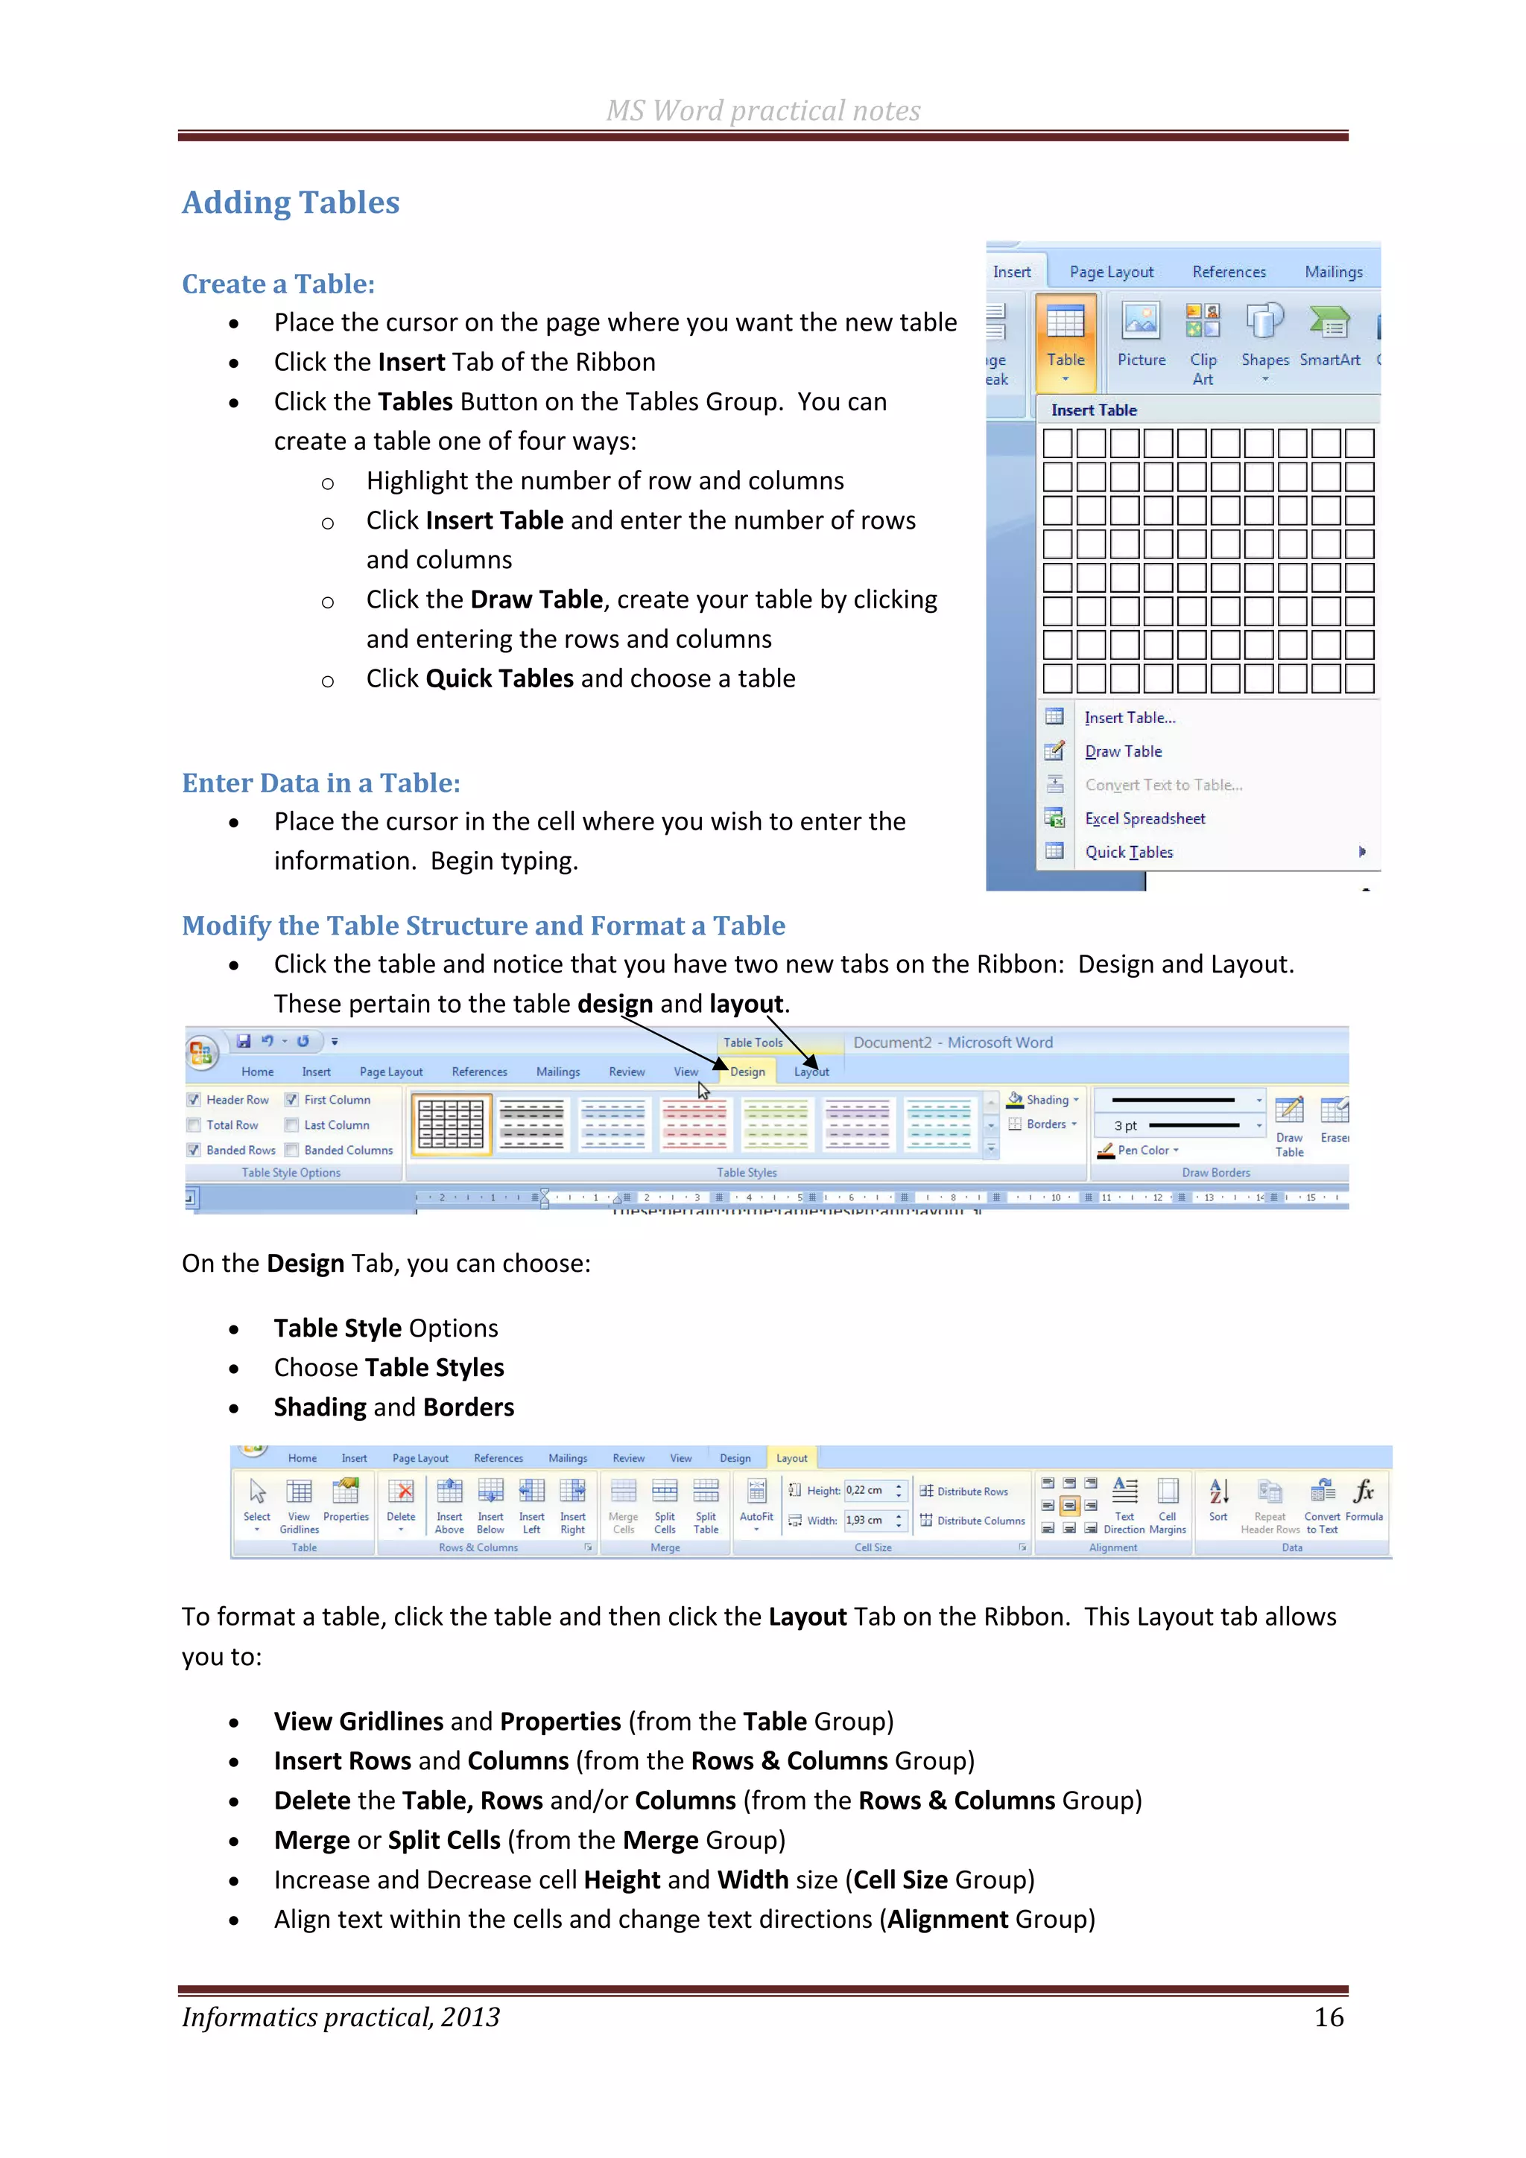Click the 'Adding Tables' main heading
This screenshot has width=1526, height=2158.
pos(291,203)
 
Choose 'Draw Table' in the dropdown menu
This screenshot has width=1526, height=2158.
pos(1123,751)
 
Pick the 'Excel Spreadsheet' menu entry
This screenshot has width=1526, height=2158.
pos(1144,818)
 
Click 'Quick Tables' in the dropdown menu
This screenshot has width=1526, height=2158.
pos(1128,853)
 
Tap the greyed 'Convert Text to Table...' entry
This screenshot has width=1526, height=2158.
pos(1163,785)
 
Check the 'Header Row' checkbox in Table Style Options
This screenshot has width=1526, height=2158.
pos(194,1100)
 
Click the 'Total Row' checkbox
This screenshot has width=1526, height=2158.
pos(194,1125)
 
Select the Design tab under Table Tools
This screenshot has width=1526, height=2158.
pos(747,1072)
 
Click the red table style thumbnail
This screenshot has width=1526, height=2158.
pos(694,1124)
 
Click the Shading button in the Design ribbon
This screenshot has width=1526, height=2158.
pos(1045,1100)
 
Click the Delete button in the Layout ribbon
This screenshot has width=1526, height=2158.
pos(401,1502)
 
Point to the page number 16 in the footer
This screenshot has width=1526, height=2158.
pos(1328,2017)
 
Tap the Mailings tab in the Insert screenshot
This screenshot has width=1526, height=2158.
pos(1332,272)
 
